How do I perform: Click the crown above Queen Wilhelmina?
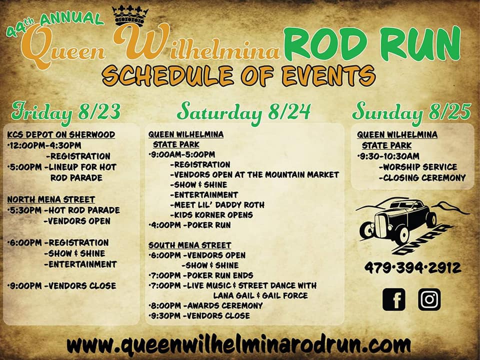[x=130, y=16]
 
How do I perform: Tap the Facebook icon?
[x=393, y=299]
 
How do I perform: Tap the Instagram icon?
[x=429, y=299]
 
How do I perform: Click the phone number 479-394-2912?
[x=412, y=268]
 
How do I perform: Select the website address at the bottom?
[x=238, y=345]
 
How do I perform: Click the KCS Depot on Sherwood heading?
[x=61, y=134]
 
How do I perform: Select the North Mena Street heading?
[x=51, y=199]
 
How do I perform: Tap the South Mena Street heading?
[x=190, y=245]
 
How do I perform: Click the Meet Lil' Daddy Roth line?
[x=217, y=205]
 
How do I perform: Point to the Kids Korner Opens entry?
[x=211, y=215]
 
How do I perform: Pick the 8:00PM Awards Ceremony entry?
[x=205, y=305]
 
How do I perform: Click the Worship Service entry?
[x=418, y=167]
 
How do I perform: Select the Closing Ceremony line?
[x=422, y=178]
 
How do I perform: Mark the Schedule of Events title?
[x=239, y=75]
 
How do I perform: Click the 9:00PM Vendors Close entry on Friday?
[x=61, y=286]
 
